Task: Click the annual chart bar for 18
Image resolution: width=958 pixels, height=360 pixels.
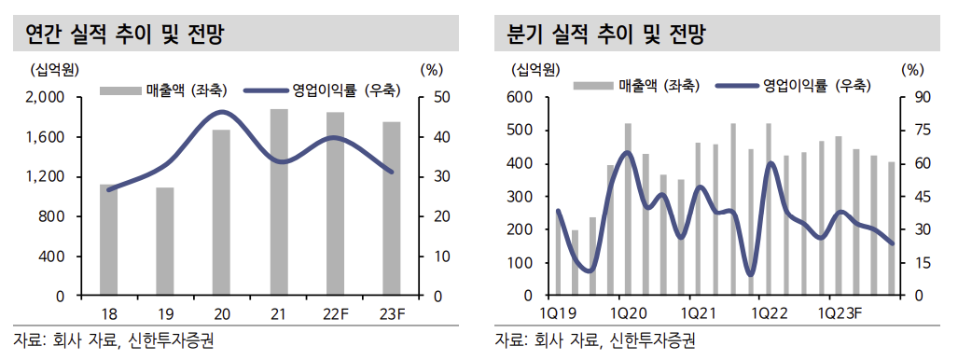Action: coord(109,241)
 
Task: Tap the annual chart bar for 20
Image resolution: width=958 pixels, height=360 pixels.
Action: coord(221,213)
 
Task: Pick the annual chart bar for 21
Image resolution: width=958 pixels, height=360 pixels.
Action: coord(279,202)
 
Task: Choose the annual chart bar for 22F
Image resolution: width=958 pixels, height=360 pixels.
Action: coord(335,204)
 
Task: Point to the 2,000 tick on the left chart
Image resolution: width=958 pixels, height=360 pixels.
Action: coord(44,98)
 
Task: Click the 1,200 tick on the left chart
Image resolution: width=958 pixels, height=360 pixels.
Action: coord(44,177)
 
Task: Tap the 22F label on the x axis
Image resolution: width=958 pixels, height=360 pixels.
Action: coord(335,312)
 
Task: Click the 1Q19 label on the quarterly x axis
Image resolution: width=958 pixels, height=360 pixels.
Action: coord(556,312)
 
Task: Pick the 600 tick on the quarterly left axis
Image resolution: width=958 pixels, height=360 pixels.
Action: coord(520,98)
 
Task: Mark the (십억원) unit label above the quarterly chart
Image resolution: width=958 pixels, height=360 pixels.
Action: coord(535,69)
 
